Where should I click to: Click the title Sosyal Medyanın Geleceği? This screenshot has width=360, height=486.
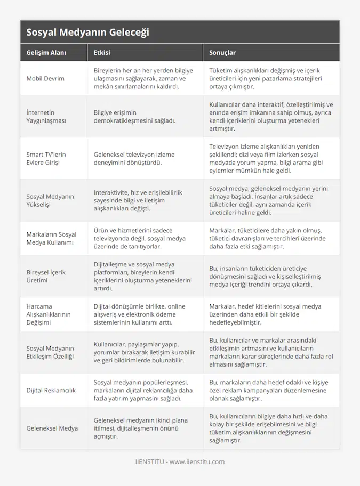tap(87, 32)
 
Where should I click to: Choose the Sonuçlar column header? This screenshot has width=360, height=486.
tap(222, 53)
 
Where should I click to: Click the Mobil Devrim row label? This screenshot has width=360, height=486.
tap(45, 78)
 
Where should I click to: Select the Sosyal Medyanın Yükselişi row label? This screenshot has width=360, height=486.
tap(50, 200)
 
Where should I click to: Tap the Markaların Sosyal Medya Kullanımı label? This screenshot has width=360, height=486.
tap(51, 238)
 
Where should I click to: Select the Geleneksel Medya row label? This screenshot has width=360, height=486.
tap(52, 428)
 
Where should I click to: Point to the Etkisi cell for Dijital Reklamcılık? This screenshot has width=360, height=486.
tap(142, 391)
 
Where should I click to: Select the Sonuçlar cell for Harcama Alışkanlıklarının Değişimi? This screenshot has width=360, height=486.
tap(265, 314)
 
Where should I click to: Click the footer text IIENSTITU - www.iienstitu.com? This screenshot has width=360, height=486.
tap(180, 462)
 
